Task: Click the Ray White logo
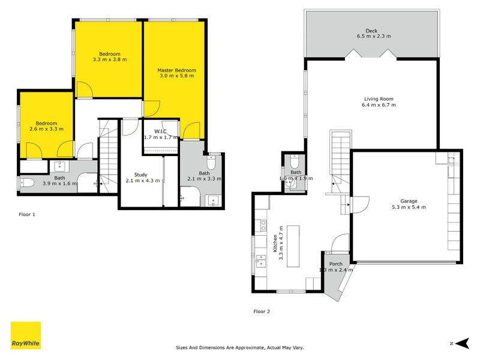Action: [x=26, y=335]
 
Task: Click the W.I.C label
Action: [x=160, y=131]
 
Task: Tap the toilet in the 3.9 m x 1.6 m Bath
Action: [x=26, y=184]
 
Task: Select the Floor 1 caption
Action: [x=27, y=214]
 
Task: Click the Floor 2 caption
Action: [x=262, y=311]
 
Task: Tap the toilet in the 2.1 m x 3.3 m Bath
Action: [x=212, y=163]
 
